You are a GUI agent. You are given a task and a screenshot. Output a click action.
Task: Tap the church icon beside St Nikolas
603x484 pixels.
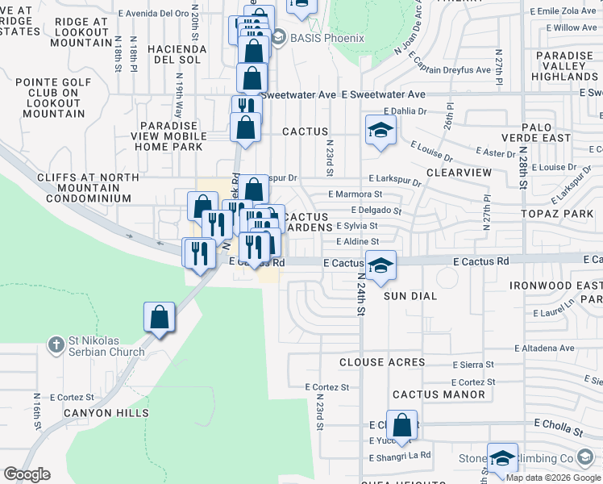coord(56,344)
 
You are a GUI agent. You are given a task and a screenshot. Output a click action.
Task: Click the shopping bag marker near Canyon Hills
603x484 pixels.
coord(160,317)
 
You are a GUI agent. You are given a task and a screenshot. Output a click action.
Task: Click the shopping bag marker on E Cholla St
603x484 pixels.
coord(403,425)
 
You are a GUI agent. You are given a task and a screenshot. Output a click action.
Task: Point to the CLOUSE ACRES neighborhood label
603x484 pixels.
coord(382,362)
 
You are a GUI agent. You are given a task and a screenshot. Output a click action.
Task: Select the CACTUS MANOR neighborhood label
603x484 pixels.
coord(439,394)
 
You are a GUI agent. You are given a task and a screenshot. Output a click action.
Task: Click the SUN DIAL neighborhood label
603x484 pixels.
coord(410,296)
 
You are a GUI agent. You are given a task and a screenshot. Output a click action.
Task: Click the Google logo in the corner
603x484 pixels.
coord(27,474)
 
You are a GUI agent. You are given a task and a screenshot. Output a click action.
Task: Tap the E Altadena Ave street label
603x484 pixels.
coord(545,348)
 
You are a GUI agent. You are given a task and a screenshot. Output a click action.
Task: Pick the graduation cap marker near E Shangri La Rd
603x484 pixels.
coord(502,457)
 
